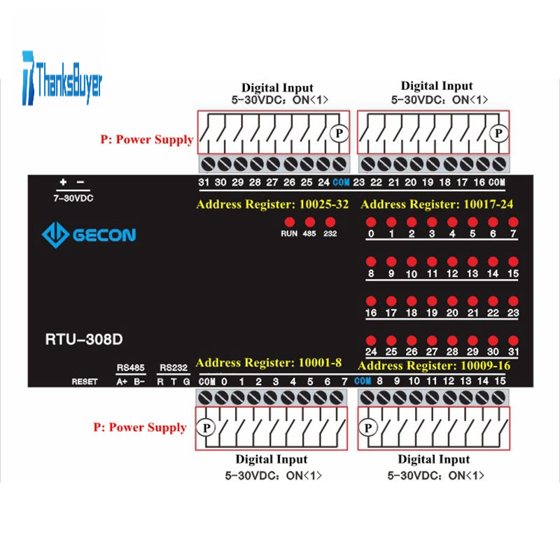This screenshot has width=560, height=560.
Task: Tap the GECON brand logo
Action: coord(88,235)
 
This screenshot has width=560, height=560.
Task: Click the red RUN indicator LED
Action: coord(289,222)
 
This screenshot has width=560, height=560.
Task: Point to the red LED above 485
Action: coord(309,222)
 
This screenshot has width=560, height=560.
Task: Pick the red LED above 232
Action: coord(328,222)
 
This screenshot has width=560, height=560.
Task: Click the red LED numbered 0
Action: coord(371,222)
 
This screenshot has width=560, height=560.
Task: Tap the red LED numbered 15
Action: coord(513,262)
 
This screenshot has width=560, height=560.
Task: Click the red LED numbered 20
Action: coord(452,301)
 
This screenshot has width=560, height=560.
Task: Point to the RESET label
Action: coord(85,381)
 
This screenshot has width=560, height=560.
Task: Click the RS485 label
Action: coord(130,368)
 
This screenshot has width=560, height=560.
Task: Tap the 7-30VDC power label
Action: coord(73,198)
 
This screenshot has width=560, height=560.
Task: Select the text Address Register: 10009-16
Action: coord(433,366)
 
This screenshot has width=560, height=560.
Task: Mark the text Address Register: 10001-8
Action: coord(269,363)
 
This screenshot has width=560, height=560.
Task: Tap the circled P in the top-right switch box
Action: coord(498,132)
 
